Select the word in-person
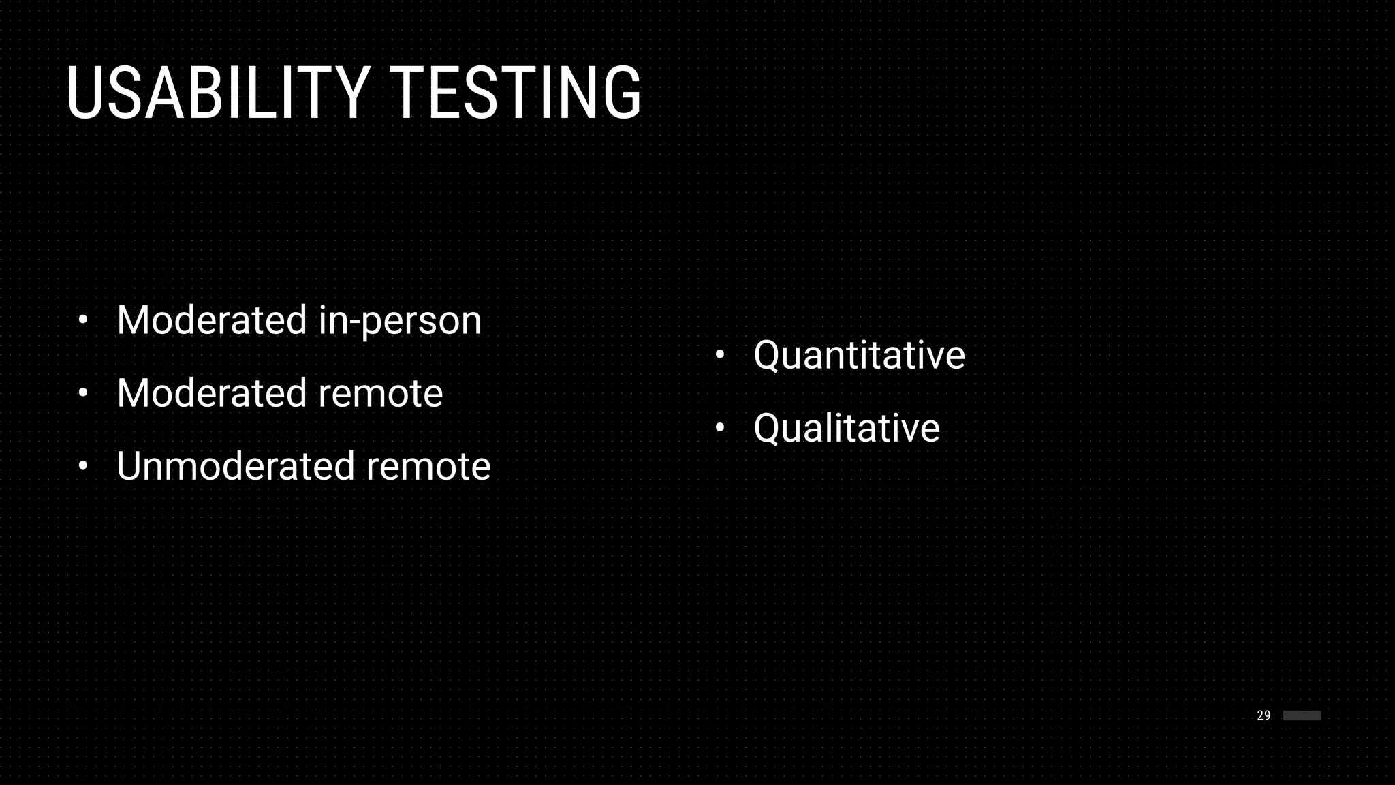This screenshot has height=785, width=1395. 400,320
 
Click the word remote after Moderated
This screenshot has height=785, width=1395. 380,393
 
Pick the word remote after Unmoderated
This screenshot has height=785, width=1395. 428,466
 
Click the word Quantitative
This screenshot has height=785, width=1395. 859,355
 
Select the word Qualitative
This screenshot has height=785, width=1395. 847,428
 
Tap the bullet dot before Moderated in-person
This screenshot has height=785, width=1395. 83,320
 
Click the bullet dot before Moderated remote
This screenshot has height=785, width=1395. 83,393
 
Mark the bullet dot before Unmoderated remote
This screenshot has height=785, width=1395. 83,466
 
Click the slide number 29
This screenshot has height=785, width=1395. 1264,715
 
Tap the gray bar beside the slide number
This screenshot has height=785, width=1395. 1302,715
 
